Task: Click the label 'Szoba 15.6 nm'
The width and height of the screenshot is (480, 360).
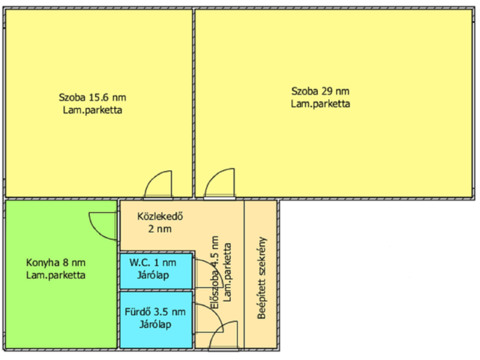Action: pyautogui.click(x=92, y=97)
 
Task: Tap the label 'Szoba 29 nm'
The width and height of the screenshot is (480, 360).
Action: pyautogui.click(x=320, y=91)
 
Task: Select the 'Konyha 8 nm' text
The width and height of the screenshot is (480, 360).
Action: pyautogui.click(x=55, y=262)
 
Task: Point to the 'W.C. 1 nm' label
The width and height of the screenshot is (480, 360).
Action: pyautogui.click(x=153, y=262)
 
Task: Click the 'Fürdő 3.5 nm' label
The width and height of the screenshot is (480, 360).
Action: pyautogui.click(x=155, y=312)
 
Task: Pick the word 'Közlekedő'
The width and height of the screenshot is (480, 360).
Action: pyautogui.click(x=160, y=216)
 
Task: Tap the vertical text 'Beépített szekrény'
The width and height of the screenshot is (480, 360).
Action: pyautogui.click(x=262, y=278)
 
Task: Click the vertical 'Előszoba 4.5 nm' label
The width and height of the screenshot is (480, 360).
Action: pyautogui.click(x=215, y=272)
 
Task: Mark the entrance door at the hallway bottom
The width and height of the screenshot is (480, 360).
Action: pyautogui.click(x=223, y=335)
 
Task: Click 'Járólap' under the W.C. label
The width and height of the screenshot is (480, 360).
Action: pyautogui.click(x=153, y=275)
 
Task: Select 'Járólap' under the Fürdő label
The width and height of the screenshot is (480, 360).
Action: pyautogui.click(x=155, y=325)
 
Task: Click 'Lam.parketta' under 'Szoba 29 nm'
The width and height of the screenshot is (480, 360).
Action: pyautogui.click(x=320, y=103)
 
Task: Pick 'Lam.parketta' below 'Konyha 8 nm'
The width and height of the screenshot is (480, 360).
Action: pyautogui.click(x=55, y=275)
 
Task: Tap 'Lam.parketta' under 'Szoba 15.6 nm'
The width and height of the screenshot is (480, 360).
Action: pyautogui.click(x=92, y=110)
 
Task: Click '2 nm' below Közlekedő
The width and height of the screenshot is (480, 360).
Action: pyautogui.click(x=160, y=229)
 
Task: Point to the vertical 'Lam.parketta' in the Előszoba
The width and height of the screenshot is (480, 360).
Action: pyautogui.click(x=227, y=272)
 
